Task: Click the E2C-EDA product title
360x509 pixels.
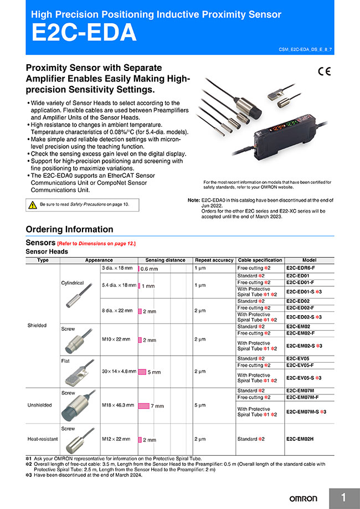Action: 84,33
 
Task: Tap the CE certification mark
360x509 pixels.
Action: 324,70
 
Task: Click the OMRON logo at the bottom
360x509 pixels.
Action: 306,497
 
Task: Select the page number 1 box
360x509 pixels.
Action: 343,497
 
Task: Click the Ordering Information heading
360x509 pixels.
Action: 69,229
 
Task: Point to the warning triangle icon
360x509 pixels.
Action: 33,205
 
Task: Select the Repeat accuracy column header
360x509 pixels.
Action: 214,260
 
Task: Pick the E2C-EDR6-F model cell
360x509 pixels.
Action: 301,268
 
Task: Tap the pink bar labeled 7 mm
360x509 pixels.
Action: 143,405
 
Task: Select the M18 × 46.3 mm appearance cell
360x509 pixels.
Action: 118,405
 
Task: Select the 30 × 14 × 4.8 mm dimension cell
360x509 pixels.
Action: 118,372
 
